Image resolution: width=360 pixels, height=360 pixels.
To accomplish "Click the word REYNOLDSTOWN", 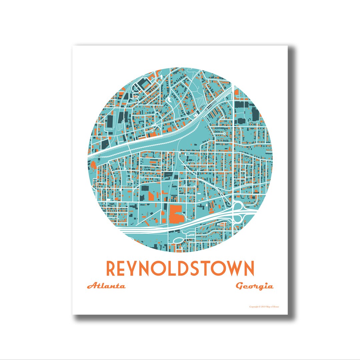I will [x=180, y=268].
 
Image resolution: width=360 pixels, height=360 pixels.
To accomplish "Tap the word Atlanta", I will [x=106, y=286].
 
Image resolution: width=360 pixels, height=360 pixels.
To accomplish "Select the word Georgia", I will [x=255, y=286].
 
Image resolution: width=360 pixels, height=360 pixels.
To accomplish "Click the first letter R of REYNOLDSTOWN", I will [x=112, y=268].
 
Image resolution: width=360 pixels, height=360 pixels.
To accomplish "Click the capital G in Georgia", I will [x=240, y=286].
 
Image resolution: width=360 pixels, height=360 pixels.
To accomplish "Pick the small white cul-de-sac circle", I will [x=224, y=133].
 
